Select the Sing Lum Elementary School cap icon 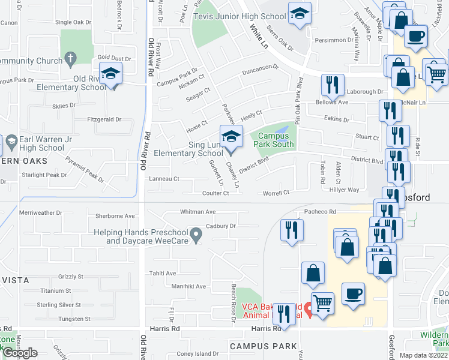click(x=231, y=137)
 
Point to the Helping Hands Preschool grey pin click(x=196, y=233)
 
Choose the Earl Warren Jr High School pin click(x=11, y=143)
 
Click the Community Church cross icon click(x=71, y=59)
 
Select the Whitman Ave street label click(x=197, y=212)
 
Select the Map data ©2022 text click(x=423, y=355)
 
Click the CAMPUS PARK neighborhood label click(x=263, y=346)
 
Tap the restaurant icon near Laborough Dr click(x=332, y=85)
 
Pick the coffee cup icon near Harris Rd click(x=353, y=293)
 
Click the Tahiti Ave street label click(x=163, y=273)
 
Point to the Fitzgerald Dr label click(x=105, y=119)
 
